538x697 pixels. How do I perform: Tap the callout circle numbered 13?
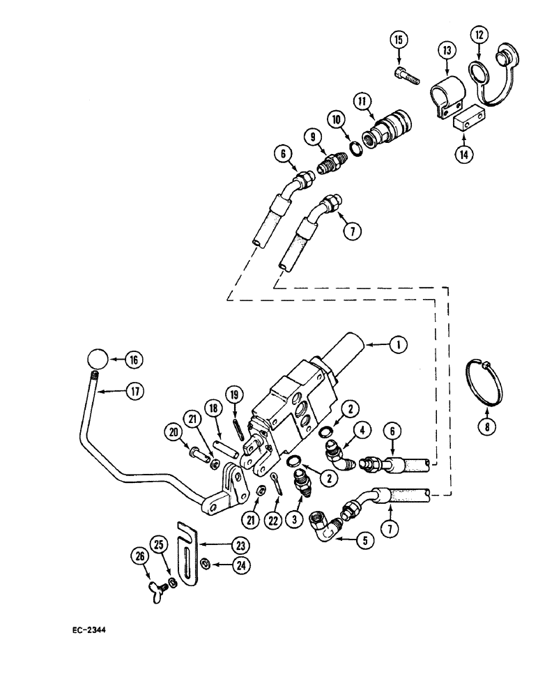point(447,52)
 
